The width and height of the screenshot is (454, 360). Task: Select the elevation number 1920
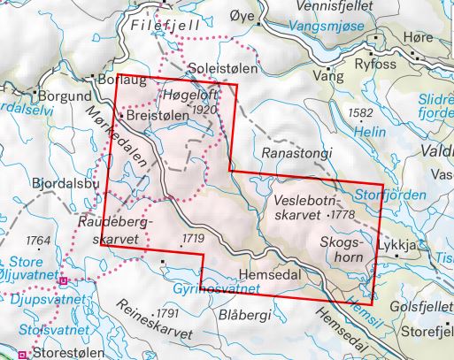204,110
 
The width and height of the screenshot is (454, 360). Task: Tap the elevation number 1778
342,215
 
